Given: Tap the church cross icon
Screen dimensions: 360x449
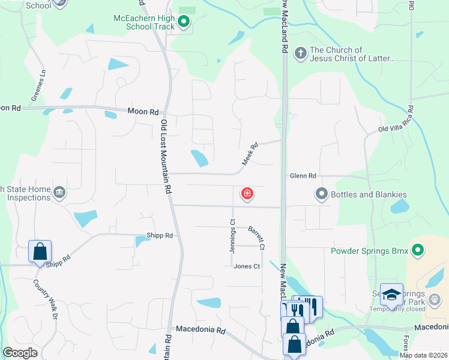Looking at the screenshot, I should coord(300,53).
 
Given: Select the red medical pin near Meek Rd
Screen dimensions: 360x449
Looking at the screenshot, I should coord(247,193).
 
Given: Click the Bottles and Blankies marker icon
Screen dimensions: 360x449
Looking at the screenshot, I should coord(322,194).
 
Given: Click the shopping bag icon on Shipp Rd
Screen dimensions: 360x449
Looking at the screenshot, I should coord(40,251).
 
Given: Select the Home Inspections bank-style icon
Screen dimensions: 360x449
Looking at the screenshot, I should coord(59,192).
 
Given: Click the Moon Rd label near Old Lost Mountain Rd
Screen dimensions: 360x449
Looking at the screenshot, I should coord(143,112).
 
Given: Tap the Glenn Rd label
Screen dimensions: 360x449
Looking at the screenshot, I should coord(303,176).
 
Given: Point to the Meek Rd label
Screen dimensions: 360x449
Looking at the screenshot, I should coord(250,154).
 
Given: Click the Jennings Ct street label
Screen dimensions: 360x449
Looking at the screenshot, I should coord(232,236).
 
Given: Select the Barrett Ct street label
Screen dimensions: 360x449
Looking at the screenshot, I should coord(257,238).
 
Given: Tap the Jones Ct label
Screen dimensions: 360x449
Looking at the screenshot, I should coord(247,266).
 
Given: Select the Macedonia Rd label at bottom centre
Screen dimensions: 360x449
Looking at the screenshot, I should coord(200,330).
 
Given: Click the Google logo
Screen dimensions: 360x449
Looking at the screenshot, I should coord(20,353).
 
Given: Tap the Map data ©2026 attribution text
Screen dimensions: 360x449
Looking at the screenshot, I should coord(423,355).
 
